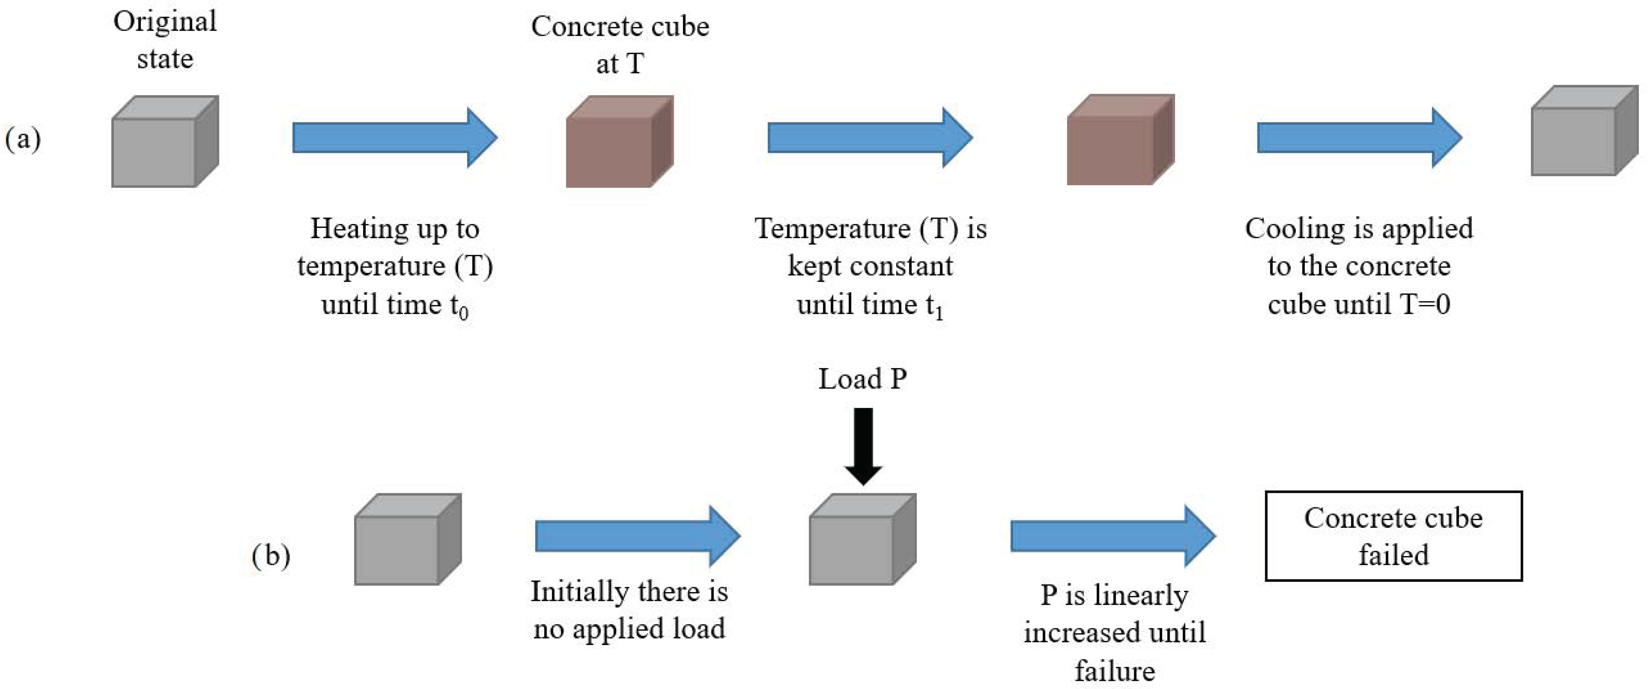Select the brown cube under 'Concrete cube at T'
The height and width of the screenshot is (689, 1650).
619,142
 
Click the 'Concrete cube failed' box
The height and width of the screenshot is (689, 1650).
1393,536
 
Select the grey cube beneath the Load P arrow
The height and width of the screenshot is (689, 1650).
862,539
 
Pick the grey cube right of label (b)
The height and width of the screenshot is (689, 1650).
407,539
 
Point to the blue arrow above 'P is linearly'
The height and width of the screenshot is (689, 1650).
1113,536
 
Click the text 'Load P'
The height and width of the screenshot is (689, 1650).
862,379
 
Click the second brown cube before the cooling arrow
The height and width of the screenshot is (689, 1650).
1120,140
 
